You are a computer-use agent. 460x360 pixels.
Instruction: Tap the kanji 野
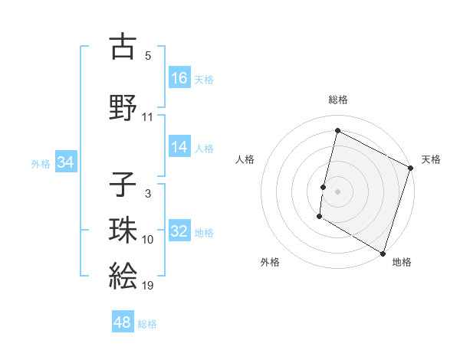click(123, 107)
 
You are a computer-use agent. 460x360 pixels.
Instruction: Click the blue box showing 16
click(179, 77)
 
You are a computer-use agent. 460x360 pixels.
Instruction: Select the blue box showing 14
click(179, 147)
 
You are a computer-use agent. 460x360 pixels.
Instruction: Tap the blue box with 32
click(179, 231)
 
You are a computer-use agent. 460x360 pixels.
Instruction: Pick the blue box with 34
click(65, 162)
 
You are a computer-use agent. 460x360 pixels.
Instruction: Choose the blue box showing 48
click(123, 322)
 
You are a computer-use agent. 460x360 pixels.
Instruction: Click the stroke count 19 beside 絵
click(148, 286)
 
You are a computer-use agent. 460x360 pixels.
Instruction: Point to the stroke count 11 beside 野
click(148, 116)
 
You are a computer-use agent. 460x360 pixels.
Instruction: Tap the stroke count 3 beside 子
click(148, 194)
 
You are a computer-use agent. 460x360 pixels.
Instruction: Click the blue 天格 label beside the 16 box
click(204, 79)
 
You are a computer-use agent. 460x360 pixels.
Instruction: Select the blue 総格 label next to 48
click(147, 324)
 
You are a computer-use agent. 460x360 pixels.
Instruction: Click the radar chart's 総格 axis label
click(337, 100)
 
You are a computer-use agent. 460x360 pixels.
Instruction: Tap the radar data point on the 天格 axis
click(410, 169)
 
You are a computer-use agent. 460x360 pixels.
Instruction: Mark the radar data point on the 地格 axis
click(382, 253)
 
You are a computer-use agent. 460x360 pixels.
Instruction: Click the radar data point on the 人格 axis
click(324, 187)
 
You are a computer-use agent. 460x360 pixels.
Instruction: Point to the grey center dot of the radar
click(337, 191)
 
